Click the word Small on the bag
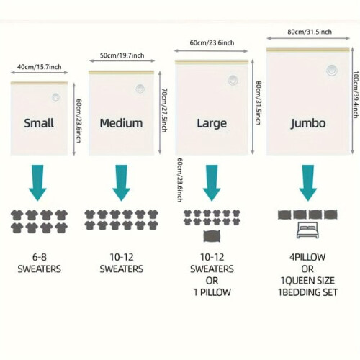pos(39,123)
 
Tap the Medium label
pos(121,123)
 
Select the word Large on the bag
pos(212,124)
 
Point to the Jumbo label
pos(308,124)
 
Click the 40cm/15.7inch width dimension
pos(39,67)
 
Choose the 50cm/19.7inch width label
pos(122,55)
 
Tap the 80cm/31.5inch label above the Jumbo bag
pos(310,32)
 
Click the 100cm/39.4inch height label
pos(356,94)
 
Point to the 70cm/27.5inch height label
pos(164,110)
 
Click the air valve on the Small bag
pos(55,97)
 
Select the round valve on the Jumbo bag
pos(332,71)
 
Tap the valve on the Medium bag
pos(140,89)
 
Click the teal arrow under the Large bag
pos(212,183)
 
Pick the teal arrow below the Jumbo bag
pos(308,183)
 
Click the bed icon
pos(307,230)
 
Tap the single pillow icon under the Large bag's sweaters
pos(212,236)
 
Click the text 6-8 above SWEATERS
pos(40,257)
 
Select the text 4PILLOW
pos(307,257)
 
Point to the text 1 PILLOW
pos(212,292)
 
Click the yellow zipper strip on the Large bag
pos(212,62)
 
